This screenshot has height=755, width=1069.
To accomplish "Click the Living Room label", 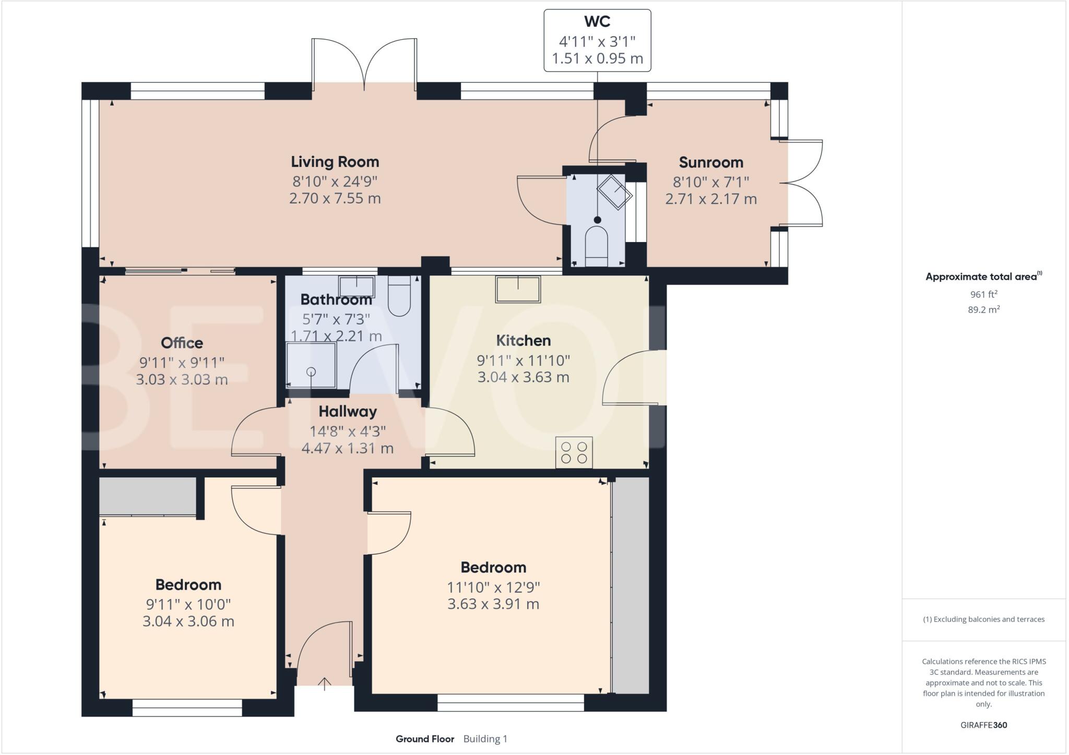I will coord(335,162).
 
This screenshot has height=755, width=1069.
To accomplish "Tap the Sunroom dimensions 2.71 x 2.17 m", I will coord(710,199).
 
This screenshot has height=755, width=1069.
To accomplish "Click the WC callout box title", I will coord(597,22).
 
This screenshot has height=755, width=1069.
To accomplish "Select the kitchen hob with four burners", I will coord(574,452).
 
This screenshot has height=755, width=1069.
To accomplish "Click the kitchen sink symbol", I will coord(518,289).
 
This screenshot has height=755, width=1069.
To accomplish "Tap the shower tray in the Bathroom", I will coord(311,365).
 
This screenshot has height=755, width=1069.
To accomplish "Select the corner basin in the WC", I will coord(614,193).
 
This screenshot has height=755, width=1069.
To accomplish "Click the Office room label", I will coord(182,343).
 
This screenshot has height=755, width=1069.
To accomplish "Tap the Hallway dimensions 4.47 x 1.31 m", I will coord(347,448).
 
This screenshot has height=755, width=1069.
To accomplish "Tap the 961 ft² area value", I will coord(983,294).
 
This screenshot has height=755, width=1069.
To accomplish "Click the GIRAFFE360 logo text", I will coord(983,725).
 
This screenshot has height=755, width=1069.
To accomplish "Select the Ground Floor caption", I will coord(424,739).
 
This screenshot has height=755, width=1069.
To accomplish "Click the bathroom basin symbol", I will coord(357,286).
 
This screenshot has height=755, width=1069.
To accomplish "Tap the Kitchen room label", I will coord(523,341).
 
